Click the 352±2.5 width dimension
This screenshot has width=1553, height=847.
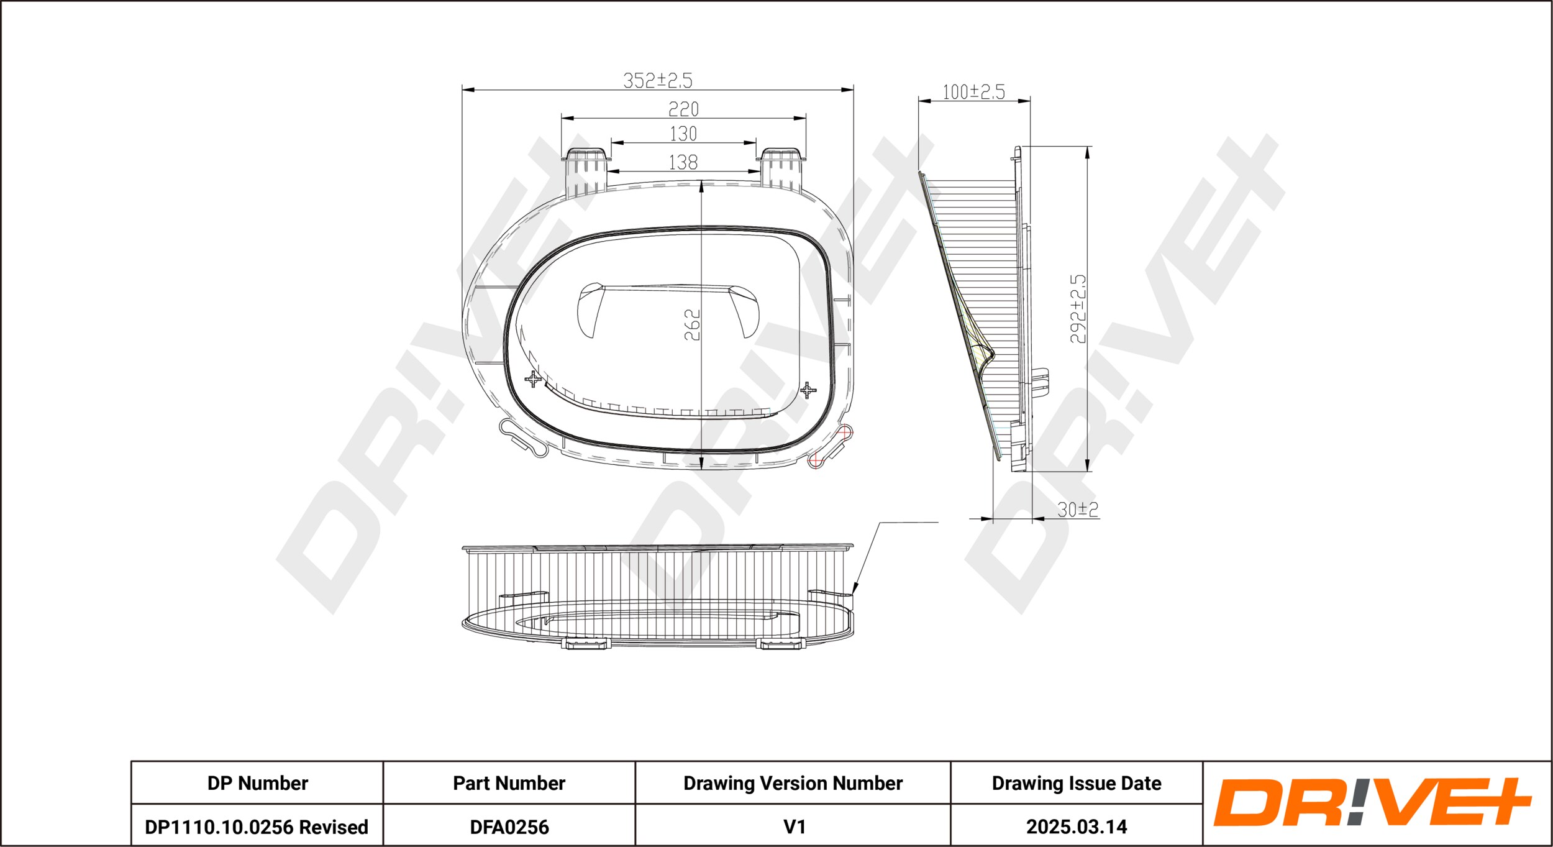tap(657, 80)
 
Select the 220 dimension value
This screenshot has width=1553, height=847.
tap(683, 109)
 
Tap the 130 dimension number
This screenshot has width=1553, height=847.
tap(683, 134)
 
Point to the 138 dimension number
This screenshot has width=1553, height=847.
tap(683, 162)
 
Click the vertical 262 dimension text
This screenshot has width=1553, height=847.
tap(692, 324)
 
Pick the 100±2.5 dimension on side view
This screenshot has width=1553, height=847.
tap(973, 92)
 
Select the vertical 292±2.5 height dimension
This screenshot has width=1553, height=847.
tap(1078, 309)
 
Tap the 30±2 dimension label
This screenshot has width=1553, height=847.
tap(1078, 510)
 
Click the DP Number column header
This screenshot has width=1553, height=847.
tap(257, 783)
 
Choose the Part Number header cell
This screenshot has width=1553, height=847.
tap(509, 783)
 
